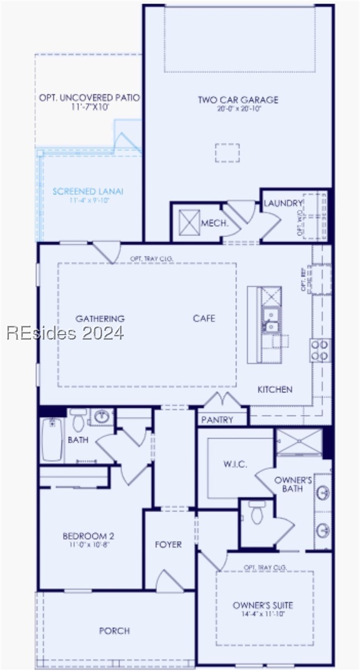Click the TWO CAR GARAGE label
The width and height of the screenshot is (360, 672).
pyautogui.click(x=238, y=100)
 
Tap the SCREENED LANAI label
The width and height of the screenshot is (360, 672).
pyautogui.click(x=88, y=191)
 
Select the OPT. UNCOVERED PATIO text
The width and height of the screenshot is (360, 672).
pyautogui.click(x=89, y=98)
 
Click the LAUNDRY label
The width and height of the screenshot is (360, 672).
pyautogui.click(x=283, y=204)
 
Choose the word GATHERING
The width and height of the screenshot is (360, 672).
pyautogui.click(x=100, y=319)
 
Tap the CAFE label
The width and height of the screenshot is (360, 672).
pyautogui.click(x=204, y=319)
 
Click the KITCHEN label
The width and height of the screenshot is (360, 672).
pyautogui.click(x=275, y=390)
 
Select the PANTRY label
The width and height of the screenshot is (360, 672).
pyautogui.click(x=217, y=420)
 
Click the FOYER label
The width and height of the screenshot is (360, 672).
pyautogui.click(x=168, y=544)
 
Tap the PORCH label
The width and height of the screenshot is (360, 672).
pyautogui.click(x=114, y=631)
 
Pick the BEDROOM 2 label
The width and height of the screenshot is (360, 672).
pyautogui.click(x=88, y=536)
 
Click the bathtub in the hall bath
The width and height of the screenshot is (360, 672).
pyautogui.click(x=52, y=440)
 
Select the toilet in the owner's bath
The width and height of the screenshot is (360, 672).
pyautogui.click(x=256, y=513)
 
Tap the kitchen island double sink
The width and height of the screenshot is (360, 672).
pyautogui.click(x=271, y=320)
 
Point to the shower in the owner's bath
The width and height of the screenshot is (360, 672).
pyautogui.click(x=299, y=442)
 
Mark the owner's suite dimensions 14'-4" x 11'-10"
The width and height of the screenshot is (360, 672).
pyautogui.click(x=263, y=614)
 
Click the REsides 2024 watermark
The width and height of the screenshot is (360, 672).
pyautogui.click(x=65, y=333)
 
